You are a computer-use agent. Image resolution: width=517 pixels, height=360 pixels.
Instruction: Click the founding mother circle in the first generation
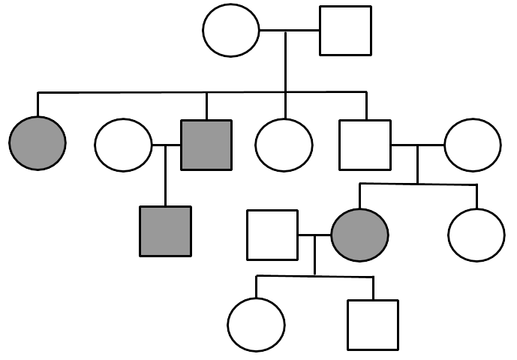point(231,31)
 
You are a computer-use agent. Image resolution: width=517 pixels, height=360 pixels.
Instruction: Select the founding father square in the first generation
point(345,31)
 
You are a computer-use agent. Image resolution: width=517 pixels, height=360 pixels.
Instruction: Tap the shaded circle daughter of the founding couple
point(38,142)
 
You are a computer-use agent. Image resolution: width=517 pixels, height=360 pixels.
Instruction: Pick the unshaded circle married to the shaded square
point(123,144)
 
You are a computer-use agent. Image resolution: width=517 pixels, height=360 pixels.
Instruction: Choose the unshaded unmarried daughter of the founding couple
point(284,144)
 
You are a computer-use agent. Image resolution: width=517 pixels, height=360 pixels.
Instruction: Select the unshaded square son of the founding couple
point(365,144)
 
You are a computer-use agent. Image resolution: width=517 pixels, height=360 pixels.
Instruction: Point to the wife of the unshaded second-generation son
point(472,144)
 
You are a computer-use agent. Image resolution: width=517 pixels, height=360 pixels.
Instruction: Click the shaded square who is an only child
point(165,230)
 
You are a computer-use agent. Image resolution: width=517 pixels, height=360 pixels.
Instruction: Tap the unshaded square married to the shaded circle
point(272,235)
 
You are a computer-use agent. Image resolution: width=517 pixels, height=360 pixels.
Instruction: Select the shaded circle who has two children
point(360,235)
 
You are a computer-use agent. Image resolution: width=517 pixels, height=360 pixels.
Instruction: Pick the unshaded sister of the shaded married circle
point(476,235)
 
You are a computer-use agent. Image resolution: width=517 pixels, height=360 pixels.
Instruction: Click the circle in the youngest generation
point(256,325)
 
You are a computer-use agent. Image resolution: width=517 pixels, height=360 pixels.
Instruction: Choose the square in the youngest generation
point(373,325)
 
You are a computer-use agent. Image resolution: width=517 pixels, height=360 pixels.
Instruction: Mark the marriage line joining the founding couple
point(289,31)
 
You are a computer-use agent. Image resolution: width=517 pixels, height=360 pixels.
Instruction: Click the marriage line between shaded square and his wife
point(167,144)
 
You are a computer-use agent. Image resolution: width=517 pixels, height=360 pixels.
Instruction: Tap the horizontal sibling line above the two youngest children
point(314,277)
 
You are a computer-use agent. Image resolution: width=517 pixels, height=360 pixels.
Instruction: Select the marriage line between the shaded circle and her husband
point(314,235)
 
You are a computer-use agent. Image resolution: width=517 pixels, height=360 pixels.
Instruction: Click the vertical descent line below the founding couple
point(285,64)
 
